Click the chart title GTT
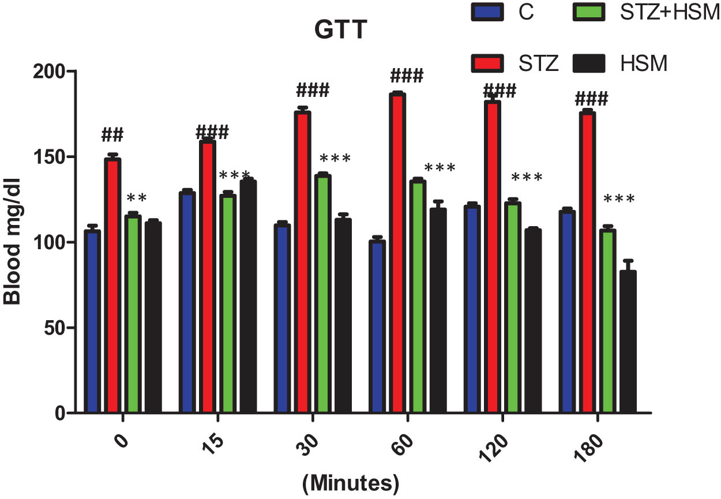341,31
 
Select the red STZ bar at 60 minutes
397,254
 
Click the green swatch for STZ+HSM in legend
588,12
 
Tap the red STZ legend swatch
487,63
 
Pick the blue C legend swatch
487,12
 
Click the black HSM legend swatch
588,63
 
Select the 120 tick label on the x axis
494,447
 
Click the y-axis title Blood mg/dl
13,242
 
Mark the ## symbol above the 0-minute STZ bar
112,135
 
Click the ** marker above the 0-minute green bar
137,198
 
